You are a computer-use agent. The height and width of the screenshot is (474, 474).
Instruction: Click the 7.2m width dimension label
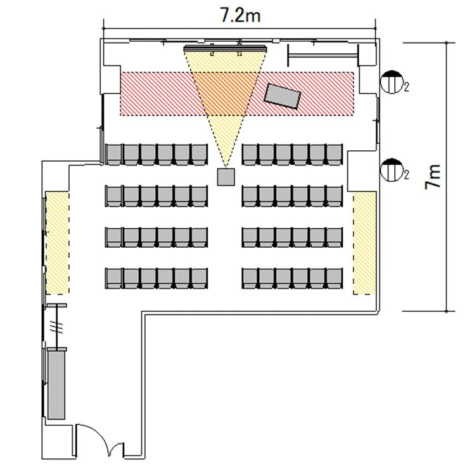(240, 15)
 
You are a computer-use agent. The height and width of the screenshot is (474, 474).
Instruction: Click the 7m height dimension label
(433, 177)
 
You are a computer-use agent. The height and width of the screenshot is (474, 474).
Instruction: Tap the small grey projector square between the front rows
(226, 177)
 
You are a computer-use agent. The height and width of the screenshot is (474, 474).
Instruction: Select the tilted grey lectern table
(283, 96)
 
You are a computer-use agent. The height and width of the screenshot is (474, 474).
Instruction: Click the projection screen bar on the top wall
(225, 49)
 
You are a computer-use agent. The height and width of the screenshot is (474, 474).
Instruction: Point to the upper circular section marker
(392, 82)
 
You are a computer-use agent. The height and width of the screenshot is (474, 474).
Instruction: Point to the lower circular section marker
(392, 170)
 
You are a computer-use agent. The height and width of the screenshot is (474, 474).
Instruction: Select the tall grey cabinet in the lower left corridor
(56, 385)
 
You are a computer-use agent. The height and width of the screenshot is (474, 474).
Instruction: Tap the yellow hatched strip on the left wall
(58, 243)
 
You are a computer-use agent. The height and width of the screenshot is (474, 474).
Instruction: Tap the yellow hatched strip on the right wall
(364, 243)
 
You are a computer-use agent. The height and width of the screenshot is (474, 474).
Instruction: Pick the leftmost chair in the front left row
(114, 155)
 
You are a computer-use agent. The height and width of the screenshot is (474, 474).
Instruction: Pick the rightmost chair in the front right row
(335, 155)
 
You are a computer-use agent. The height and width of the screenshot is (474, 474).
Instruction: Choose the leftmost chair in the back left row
(114, 278)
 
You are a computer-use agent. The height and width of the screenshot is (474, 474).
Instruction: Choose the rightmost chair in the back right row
(335, 278)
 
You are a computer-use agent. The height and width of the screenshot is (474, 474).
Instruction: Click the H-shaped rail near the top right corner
(323, 55)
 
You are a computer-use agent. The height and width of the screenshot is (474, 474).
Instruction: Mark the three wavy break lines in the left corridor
(56, 327)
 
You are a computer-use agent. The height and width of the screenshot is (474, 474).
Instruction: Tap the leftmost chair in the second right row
(250, 196)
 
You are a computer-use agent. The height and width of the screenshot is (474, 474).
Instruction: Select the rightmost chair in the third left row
(200, 237)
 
